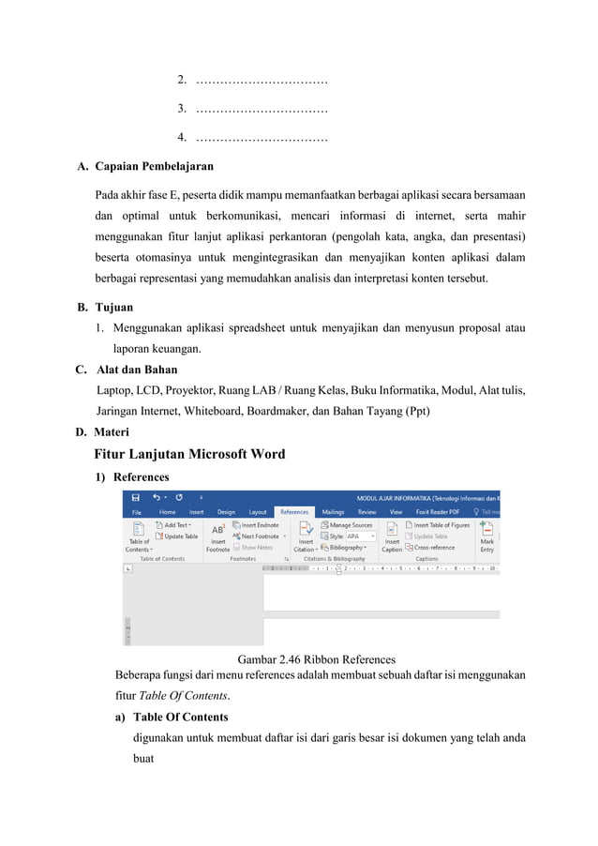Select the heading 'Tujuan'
coord(113,307)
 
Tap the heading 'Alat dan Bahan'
coord(136,370)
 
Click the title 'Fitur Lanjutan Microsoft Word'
coord(189,455)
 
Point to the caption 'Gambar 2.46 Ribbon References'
coord(316,659)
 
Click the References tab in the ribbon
coord(294,512)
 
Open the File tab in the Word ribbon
coord(137,512)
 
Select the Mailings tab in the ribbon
coord(333,512)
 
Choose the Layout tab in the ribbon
coord(257,512)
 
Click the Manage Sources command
coord(349,525)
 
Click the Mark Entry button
coord(487,537)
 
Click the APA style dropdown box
coord(360,536)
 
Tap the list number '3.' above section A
coord(183,111)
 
